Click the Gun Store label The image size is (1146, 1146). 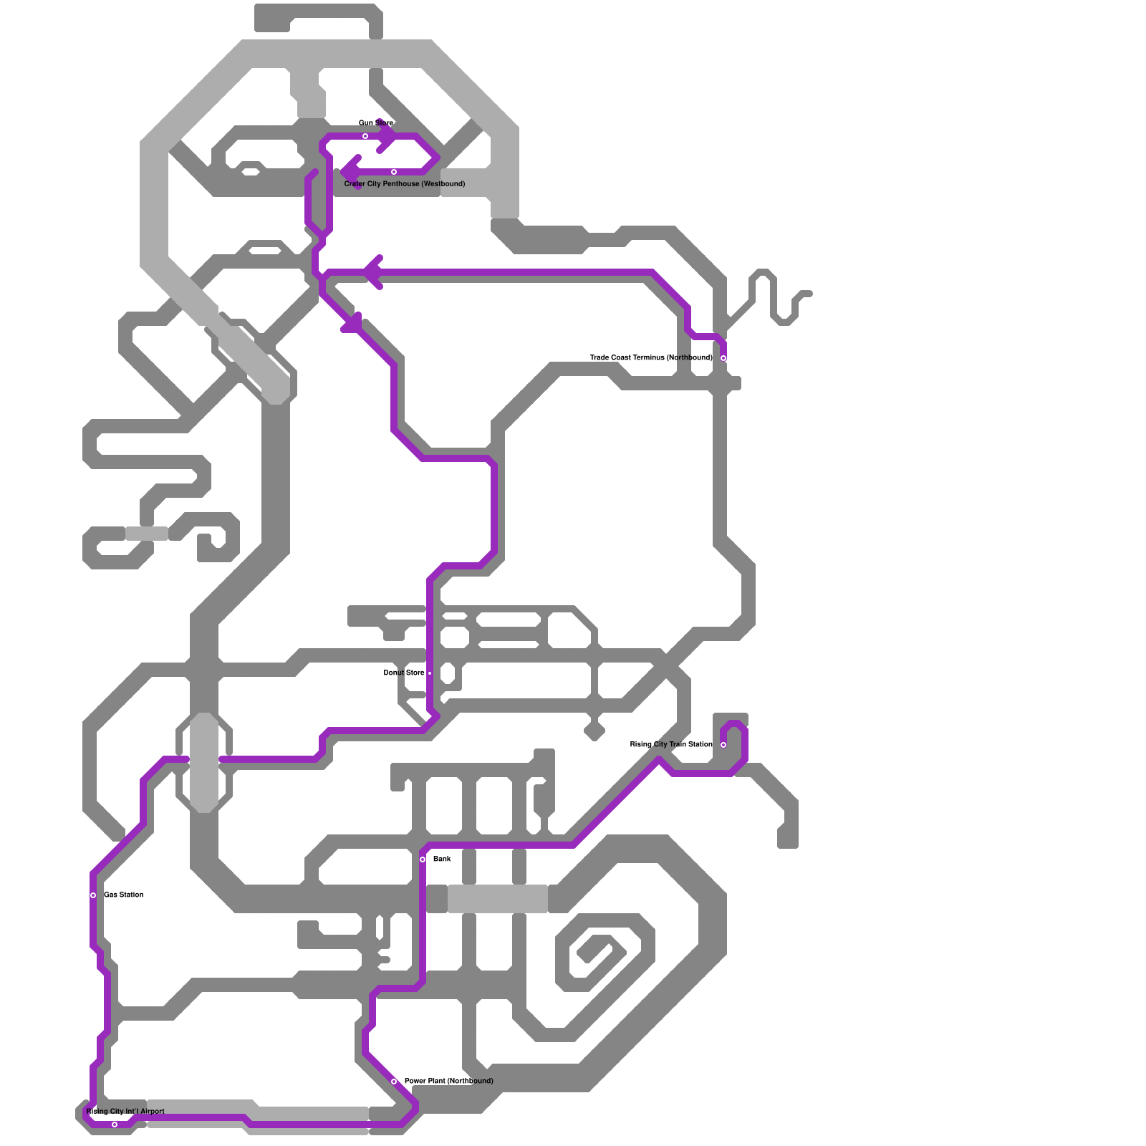pos(375,123)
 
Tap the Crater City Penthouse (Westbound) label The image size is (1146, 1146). pos(404,184)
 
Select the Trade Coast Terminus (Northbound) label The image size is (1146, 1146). pos(650,357)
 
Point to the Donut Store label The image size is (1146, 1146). pos(404,673)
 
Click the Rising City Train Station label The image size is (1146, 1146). pos(670,744)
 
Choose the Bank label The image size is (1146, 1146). pos(442,859)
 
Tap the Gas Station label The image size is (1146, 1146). pos(123,895)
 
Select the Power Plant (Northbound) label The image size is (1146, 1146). pos(448,1081)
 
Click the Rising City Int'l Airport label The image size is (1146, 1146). pos(125,1112)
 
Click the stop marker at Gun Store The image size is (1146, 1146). pos(365,136)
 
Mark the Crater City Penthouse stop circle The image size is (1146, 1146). pos(394,172)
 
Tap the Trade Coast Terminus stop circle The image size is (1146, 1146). pos(723,358)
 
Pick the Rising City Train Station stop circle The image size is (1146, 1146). pos(723,745)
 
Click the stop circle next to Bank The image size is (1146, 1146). pos(423,860)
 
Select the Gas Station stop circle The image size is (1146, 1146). pos(93,895)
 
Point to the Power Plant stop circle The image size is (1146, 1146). pos(394,1082)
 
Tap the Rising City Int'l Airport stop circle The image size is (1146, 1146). pos(115,1125)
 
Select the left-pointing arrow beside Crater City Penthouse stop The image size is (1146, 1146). pos(351,172)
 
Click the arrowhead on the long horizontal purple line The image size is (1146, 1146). pos(372,272)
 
